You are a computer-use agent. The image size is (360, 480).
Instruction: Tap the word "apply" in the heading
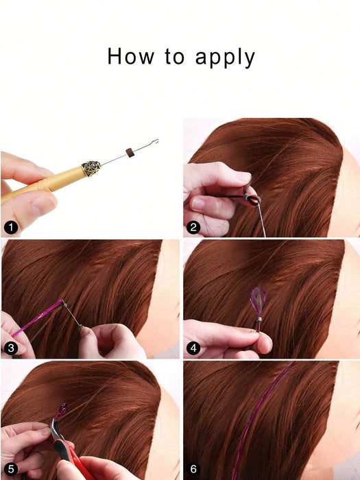coord(224,58)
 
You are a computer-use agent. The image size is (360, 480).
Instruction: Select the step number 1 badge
coord(10,228)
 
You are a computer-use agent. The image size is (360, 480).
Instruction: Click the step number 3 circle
coord(10,348)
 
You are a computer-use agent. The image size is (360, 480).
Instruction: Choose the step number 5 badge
coord(10,469)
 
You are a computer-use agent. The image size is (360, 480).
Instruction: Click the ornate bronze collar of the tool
coord(91,167)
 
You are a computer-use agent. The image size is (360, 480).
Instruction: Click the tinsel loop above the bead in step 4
coord(259,299)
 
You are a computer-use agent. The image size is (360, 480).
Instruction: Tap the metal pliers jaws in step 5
coord(56,429)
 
